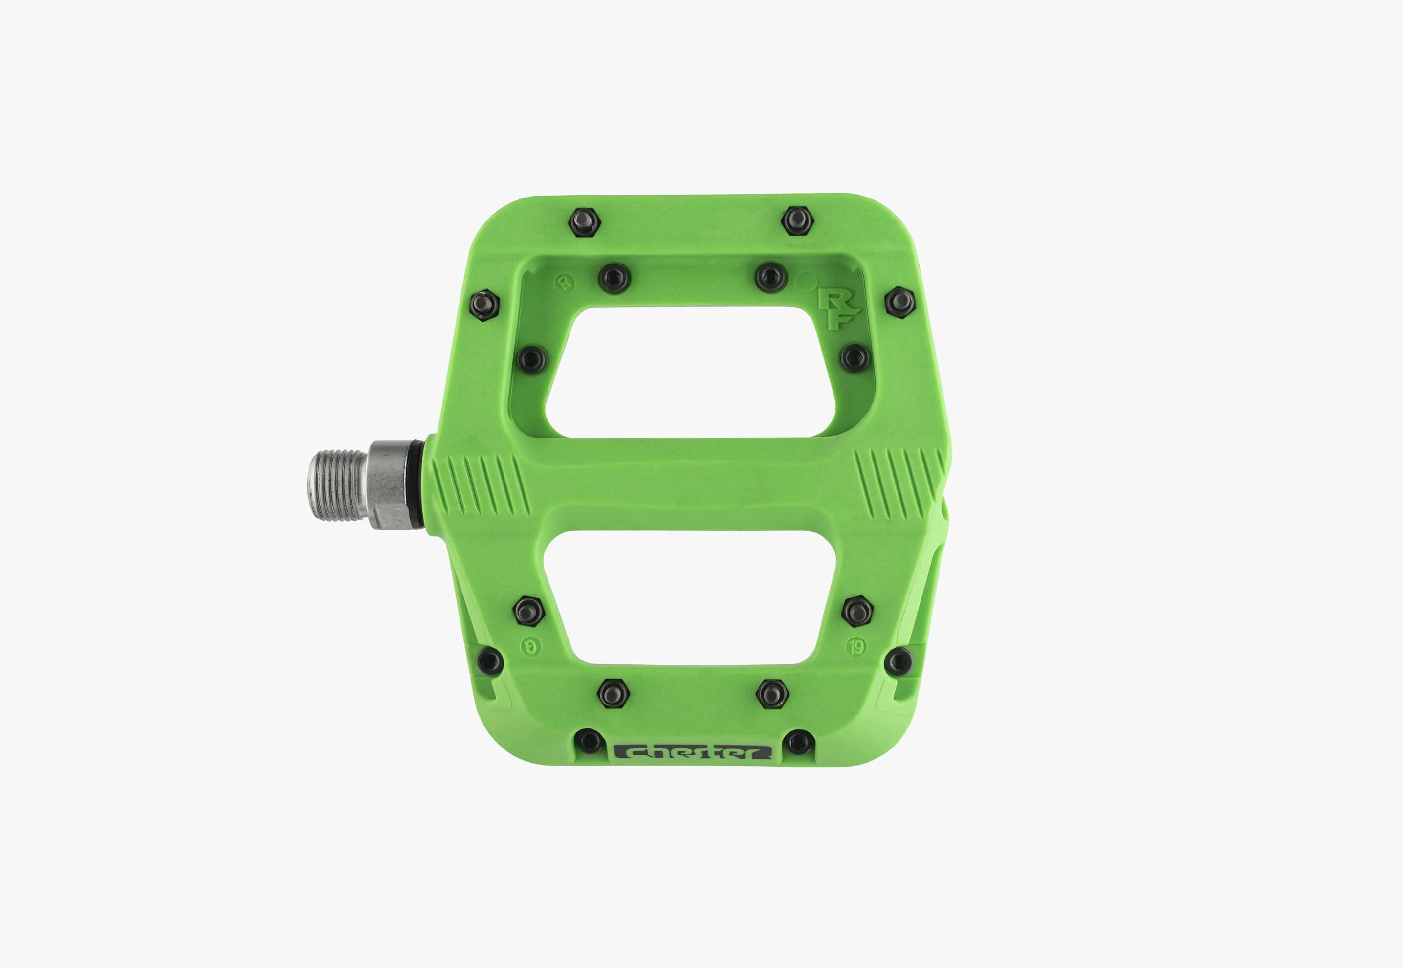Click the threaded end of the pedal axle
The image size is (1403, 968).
[336, 484]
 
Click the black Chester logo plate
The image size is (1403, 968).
[692, 753]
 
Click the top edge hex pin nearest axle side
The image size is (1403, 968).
[585, 222]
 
